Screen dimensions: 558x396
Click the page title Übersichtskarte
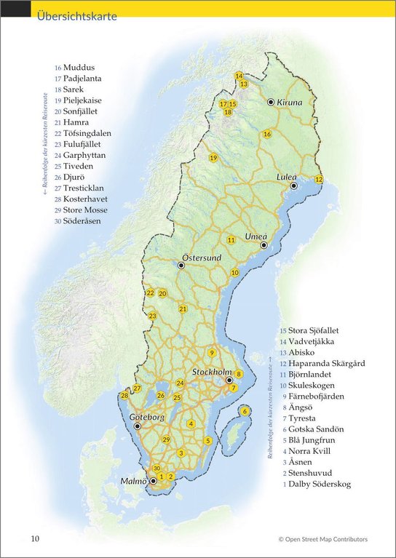tap(76, 16)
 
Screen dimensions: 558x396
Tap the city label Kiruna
tap(289, 103)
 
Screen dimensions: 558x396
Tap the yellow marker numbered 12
tap(318, 179)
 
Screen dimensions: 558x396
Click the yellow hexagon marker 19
tap(213, 158)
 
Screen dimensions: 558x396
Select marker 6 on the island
tap(245, 411)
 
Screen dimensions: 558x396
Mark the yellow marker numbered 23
tap(152, 316)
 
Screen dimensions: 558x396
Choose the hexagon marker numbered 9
tap(211, 353)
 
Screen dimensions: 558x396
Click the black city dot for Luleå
tap(294, 186)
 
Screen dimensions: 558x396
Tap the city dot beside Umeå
tap(264, 245)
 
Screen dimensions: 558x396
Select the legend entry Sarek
tap(73, 89)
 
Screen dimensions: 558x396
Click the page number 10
tap(35, 539)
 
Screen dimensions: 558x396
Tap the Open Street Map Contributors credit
tap(322, 539)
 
